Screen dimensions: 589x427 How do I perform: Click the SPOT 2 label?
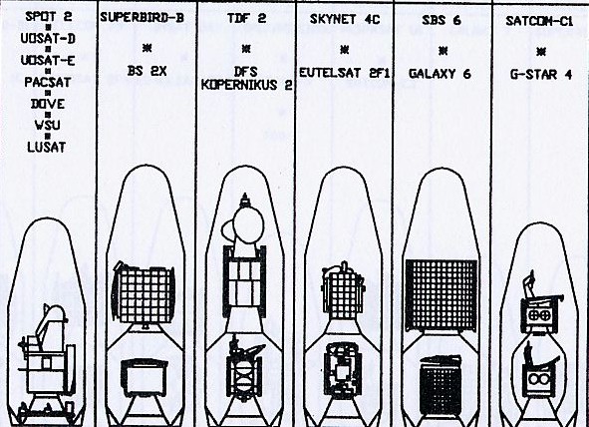click(x=49, y=16)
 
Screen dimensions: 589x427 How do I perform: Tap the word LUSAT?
click(x=46, y=147)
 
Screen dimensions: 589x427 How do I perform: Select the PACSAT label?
click(x=48, y=82)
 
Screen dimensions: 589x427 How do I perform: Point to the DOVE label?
click(x=48, y=104)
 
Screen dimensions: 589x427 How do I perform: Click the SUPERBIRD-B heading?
click(x=142, y=18)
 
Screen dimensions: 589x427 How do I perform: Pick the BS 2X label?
click(x=147, y=71)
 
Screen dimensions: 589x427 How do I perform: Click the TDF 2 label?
click(x=246, y=18)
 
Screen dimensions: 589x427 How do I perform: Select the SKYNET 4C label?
click(x=345, y=19)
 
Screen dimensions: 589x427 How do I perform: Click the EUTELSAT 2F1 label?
click(x=345, y=73)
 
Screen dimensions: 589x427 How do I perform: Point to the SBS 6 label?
click(x=442, y=20)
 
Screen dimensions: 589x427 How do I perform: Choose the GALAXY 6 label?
click(x=440, y=74)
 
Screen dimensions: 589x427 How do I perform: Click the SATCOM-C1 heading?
click(x=539, y=21)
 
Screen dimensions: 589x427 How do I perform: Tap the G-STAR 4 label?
click(x=541, y=75)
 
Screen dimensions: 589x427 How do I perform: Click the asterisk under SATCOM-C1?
click(x=541, y=52)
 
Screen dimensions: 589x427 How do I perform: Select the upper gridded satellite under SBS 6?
click(x=442, y=295)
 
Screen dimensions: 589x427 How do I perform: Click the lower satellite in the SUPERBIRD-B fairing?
click(x=145, y=377)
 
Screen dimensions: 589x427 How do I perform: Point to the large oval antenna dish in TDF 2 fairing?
click(x=248, y=224)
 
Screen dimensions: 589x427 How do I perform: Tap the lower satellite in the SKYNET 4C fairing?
click(x=343, y=370)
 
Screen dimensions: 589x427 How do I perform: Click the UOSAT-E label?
click(x=48, y=60)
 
